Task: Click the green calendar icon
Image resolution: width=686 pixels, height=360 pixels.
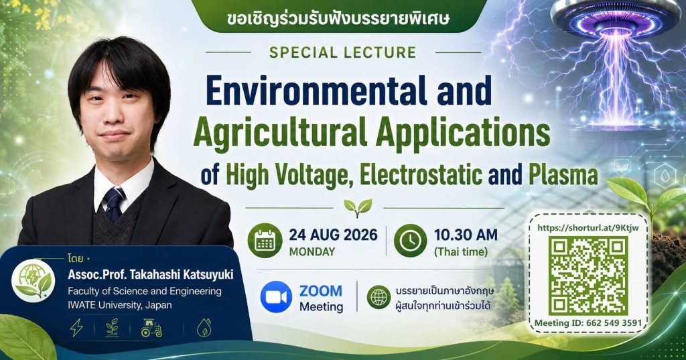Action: [265, 241]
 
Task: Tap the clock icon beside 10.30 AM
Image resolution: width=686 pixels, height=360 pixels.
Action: [410, 241]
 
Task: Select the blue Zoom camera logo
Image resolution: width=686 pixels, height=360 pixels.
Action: [276, 296]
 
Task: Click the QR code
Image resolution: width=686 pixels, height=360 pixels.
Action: [588, 276]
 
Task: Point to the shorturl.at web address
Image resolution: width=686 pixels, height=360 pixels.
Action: [588, 227]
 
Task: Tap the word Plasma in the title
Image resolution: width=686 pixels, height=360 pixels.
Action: [563, 174]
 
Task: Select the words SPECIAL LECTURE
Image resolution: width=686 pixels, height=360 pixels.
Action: [342, 52]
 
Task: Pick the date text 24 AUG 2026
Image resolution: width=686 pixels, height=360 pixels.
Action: [333, 235]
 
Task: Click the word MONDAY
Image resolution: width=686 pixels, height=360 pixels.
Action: [312, 252]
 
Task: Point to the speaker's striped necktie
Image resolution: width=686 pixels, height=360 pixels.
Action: [114, 204]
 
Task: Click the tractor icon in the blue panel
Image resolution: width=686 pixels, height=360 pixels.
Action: [152, 328]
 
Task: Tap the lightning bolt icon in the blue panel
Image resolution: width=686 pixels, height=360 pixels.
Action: [76, 328]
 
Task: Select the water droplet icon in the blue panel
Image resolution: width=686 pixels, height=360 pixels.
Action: [204, 328]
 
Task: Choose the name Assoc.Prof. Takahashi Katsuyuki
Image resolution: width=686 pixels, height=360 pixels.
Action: [151, 275]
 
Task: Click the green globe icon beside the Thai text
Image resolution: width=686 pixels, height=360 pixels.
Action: [379, 297]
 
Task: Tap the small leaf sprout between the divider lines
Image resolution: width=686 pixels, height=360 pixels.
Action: [358, 208]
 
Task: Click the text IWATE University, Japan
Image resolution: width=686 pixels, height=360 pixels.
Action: [119, 305]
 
